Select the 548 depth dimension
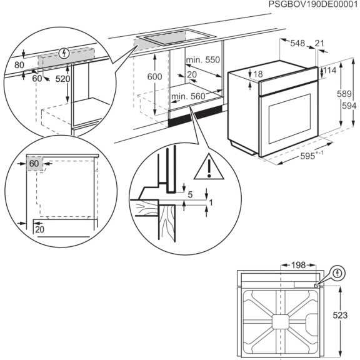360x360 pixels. coord(297,43)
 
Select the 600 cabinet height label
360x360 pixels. coord(154,76)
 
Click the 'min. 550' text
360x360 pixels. coord(202,60)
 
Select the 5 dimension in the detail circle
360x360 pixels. coord(190,194)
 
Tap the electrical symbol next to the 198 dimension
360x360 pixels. coord(337,273)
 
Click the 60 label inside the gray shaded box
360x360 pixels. coord(33,164)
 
